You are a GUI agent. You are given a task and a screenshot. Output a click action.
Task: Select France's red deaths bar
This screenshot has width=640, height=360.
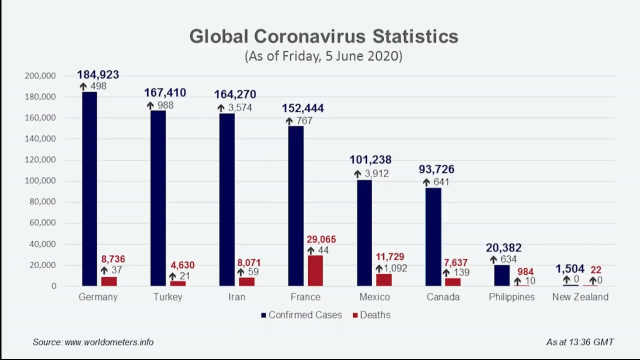[315, 270]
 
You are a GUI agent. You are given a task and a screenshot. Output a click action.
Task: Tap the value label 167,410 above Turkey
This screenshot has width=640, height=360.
[165, 93]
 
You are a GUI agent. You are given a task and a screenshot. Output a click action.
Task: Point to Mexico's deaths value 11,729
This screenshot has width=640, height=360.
[389, 257]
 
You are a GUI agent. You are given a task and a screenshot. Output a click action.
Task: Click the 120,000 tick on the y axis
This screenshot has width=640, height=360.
[39, 160]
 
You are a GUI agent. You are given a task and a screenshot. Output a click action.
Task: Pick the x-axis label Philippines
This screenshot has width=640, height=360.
[511, 297]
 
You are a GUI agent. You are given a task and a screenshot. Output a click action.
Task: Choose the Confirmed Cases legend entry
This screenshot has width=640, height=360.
[301, 315]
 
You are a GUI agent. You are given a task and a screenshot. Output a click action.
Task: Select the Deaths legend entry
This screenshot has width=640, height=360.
[371, 315]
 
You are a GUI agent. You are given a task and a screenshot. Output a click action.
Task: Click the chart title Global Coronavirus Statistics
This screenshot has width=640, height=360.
[323, 36]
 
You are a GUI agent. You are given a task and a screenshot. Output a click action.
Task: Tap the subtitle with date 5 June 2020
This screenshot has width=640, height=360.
[323, 56]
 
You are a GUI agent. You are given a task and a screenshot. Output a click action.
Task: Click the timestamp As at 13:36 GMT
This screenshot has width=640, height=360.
[579, 342]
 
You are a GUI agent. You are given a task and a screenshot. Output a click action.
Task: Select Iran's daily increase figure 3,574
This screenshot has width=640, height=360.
[240, 108]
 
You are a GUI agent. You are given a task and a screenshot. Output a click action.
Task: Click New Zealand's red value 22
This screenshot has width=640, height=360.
[595, 270]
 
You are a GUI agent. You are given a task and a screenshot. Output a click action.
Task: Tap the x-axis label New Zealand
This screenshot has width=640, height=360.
[580, 297]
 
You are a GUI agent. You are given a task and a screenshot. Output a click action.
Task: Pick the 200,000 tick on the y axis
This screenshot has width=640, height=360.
[39, 76]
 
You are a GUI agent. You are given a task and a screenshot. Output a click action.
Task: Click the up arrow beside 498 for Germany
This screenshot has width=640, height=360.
[83, 86]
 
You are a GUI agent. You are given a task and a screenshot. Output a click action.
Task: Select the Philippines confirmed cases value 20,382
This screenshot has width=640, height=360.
[503, 248]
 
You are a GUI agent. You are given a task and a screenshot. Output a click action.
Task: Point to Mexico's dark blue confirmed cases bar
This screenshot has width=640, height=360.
[364, 233]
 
